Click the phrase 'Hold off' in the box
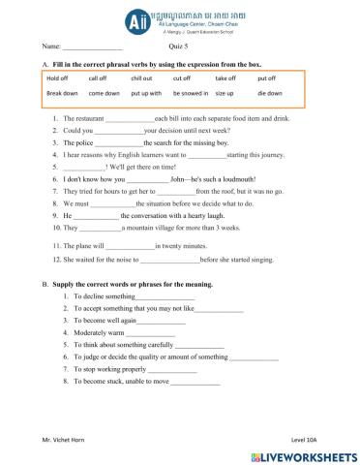click(x=57, y=78)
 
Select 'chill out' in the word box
click(x=141, y=78)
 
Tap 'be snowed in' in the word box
click(x=192, y=94)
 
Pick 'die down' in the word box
click(x=270, y=94)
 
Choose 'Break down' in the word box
click(x=62, y=94)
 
